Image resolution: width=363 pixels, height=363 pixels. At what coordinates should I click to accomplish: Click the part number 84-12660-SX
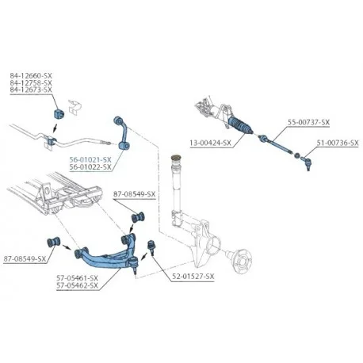31,75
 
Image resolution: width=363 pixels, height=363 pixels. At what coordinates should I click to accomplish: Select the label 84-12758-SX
31,82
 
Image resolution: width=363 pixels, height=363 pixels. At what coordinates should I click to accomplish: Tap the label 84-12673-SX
31,90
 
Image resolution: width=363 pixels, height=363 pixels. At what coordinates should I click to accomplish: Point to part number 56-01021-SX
90,159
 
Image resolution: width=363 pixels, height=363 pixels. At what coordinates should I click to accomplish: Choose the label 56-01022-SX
90,166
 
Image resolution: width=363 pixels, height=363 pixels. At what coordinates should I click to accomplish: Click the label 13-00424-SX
210,143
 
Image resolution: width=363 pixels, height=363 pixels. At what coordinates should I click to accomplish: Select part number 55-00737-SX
308,122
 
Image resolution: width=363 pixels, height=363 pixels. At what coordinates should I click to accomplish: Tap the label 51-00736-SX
338,143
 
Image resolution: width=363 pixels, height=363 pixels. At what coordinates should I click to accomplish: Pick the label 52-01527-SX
193,277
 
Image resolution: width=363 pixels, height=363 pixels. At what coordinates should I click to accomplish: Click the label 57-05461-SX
77,278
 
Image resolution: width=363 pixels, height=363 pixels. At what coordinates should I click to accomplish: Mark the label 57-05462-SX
77,285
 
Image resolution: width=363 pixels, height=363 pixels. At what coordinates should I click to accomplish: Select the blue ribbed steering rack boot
239,125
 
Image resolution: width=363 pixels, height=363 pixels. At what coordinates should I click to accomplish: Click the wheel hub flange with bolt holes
242,262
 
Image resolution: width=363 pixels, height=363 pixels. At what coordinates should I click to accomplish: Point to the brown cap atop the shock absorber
176,158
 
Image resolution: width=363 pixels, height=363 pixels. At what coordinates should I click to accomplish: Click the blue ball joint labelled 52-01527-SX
151,247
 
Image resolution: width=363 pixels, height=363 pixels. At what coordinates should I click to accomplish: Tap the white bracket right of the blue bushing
75,107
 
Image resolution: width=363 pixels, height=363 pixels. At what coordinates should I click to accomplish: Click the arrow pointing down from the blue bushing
55,128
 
